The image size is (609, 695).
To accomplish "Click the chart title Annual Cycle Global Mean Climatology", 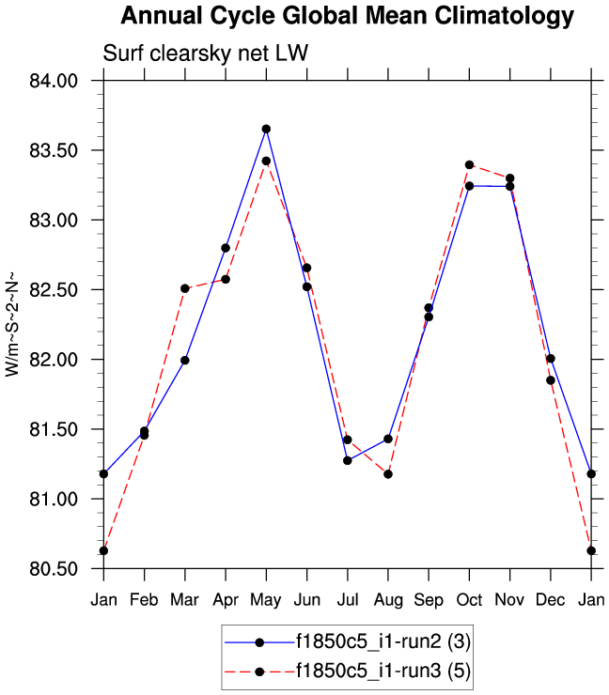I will click(x=347, y=16).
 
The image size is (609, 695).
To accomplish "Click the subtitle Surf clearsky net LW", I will click(x=206, y=55).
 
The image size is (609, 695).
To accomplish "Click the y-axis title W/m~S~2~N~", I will click(x=12, y=324).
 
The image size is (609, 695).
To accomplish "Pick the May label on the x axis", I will click(x=266, y=599).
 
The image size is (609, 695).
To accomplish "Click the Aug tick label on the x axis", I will click(x=388, y=599).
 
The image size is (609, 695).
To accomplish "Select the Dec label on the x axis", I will click(x=551, y=599).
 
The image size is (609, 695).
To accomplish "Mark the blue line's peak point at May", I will click(x=266, y=129).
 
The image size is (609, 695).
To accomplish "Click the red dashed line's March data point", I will click(x=185, y=288).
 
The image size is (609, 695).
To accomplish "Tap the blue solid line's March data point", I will click(x=185, y=360).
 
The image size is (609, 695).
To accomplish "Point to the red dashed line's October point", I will click(x=469, y=164).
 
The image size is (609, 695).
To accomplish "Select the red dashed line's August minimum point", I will click(x=388, y=473).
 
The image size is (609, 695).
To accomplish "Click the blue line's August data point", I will click(x=388, y=439).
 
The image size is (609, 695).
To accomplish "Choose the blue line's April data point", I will click(x=226, y=248).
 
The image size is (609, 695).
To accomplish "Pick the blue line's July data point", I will click(x=348, y=460).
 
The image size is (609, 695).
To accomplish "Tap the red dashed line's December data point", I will click(x=551, y=380).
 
